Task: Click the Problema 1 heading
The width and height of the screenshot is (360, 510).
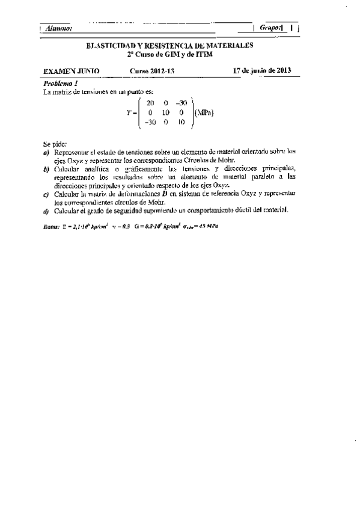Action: [x=61, y=82]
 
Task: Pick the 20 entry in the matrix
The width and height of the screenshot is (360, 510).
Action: [x=150, y=103]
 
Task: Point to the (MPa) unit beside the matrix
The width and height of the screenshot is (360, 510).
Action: [x=204, y=112]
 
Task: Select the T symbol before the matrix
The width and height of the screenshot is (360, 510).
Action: [x=129, y=113]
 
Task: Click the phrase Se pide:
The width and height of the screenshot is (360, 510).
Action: [x=55, y=146]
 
